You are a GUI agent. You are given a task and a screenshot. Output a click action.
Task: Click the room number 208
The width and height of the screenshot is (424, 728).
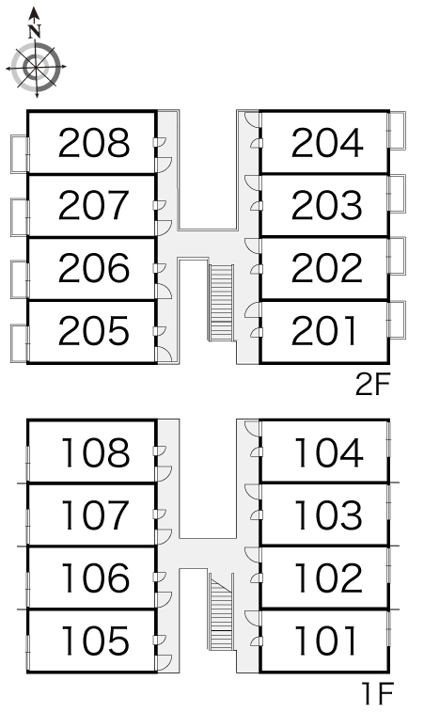(94, 143)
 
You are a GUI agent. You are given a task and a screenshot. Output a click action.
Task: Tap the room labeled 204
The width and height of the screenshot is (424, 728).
(327, 143)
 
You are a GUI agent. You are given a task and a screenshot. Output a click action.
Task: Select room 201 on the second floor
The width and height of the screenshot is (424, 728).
(324, 331)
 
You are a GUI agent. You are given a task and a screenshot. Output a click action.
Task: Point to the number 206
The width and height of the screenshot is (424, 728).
(94, 268)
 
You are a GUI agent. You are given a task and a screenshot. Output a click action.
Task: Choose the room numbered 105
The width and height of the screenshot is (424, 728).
(95, 641)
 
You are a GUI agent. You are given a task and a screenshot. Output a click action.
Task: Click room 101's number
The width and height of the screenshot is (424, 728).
(325, 641)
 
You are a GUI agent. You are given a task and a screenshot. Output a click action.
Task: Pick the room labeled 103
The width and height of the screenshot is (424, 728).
(328, 514)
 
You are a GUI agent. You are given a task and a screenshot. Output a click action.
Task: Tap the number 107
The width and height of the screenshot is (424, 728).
(95, 514)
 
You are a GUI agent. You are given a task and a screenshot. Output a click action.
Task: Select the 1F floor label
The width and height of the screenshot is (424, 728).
(378, 693)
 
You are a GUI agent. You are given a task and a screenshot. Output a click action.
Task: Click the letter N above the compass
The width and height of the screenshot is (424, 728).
(35, 32)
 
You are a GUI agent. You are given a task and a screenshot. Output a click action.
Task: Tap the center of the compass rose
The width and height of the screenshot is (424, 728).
(36, 67)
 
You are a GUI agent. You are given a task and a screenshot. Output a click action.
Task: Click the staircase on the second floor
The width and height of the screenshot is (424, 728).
(221, 302)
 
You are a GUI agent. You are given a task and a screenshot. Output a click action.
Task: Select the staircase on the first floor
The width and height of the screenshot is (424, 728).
(221, 611)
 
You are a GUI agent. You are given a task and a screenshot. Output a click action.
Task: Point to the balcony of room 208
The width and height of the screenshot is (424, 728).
(20, 154)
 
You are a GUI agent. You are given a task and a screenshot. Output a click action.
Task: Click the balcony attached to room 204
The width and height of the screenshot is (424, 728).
(397, 130)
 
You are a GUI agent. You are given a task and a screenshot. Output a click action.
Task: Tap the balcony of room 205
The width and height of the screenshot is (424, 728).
(20, 343)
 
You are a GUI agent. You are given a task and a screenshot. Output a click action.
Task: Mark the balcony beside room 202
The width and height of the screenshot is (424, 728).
(397, 256)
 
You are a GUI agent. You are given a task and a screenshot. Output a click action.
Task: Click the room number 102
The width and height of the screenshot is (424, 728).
(328, 578)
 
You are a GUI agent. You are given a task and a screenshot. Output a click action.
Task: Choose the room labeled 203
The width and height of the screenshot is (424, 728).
(327, 205)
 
